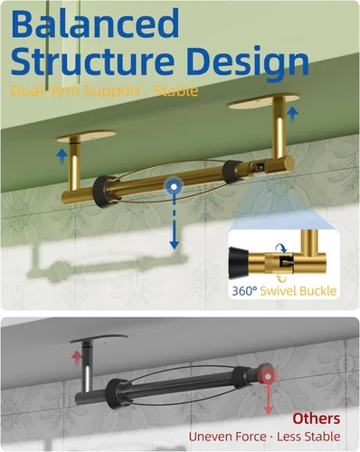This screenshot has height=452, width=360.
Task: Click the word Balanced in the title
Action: (x=95, y=24)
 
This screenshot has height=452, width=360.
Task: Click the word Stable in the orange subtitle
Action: (x=175, y=90)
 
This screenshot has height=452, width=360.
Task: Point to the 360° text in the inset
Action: (x=244, y=291)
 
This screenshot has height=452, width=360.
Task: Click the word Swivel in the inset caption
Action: (x=279, y=291)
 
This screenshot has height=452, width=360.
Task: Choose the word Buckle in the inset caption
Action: (x=317, y=291)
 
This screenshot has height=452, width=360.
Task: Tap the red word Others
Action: (x=317, y=419)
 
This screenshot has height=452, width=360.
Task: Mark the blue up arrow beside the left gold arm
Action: (x=62, y=156)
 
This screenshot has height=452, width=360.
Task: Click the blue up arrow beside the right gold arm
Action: (x=292, y=114)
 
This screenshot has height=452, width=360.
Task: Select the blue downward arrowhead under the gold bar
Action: (x=175, y=244)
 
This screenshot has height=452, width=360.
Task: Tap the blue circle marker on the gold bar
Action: (x=174, y=187)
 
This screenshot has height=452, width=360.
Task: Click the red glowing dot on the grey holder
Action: (x=268, y=376)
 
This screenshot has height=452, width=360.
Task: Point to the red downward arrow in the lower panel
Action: (x=268, y=399)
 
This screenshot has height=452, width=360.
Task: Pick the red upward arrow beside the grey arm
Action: (x=77, y=359)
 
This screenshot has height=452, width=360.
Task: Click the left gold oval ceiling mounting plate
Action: (x=86, y=135)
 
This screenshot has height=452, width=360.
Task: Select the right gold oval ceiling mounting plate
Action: (x=264, y=100)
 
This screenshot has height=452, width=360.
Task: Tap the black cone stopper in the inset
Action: (x=239, y=261)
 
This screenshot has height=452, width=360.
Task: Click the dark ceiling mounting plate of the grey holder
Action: (x=99, y=339)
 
